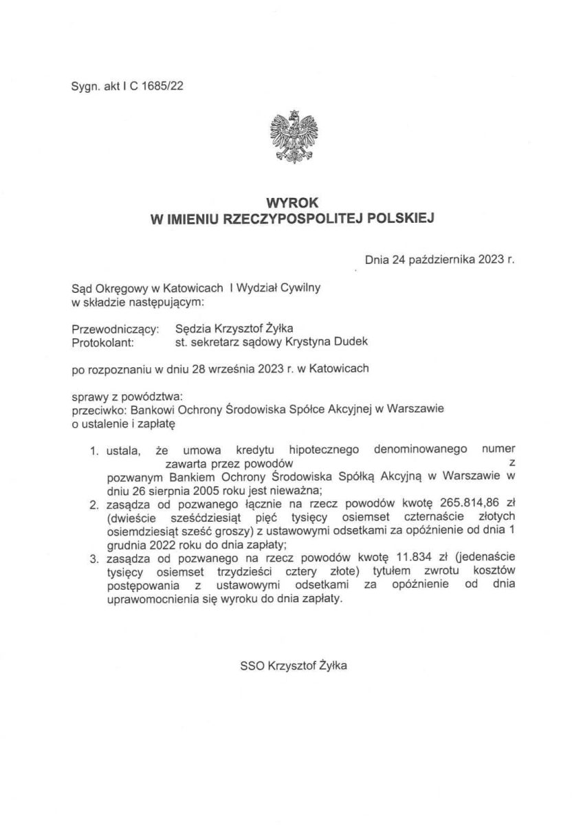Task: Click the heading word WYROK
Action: pyautogui.click(x=291, y=203)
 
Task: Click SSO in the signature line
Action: pyautogui.click(x=252, y=665)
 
